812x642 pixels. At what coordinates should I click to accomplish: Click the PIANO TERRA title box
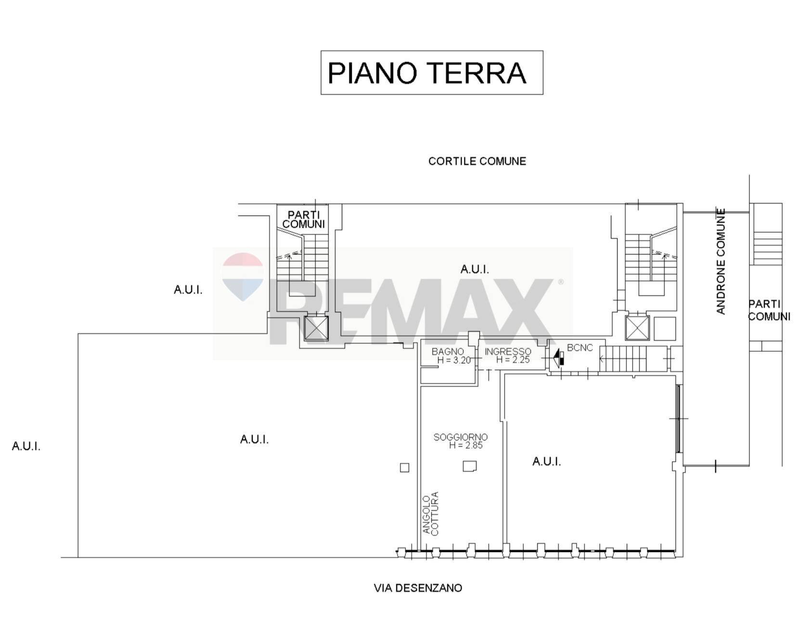[x=431, y=73]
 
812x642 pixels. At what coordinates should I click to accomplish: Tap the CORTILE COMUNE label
[x=477, y=161]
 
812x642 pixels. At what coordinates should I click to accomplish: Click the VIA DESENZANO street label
[x=417, y=588]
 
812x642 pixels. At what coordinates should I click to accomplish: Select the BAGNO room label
[x=447, y=352]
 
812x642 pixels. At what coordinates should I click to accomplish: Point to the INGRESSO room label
[x=507, y=352]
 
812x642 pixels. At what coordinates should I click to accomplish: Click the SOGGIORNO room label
[x=460, y=437]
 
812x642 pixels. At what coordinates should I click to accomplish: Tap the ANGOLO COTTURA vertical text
[x=431, y=513]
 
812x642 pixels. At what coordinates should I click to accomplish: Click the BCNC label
[x=580, y=348]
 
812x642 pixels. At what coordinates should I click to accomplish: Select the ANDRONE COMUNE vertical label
[x=721, y=261]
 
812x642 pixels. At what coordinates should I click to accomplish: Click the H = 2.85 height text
[x=465, y=445]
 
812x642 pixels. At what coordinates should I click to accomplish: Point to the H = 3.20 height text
[x=453, y=360]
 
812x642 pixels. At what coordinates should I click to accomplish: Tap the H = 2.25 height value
[x=513, y=360]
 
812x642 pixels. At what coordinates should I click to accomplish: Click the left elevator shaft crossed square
[x=316, y=328]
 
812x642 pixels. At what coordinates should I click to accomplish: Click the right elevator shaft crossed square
[x=637, y=328]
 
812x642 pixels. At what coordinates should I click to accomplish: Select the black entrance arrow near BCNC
[x=558, y=359]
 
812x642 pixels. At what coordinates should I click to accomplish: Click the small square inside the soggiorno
[x=469, y=466]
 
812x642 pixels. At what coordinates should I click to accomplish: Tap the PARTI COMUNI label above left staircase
[x=303, y=220]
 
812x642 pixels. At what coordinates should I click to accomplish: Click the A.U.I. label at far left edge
[x=26, y=446]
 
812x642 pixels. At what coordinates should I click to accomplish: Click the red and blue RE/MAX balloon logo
[x=243, y=276]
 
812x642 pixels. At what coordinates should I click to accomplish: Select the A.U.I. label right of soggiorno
[x=546, y=462]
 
